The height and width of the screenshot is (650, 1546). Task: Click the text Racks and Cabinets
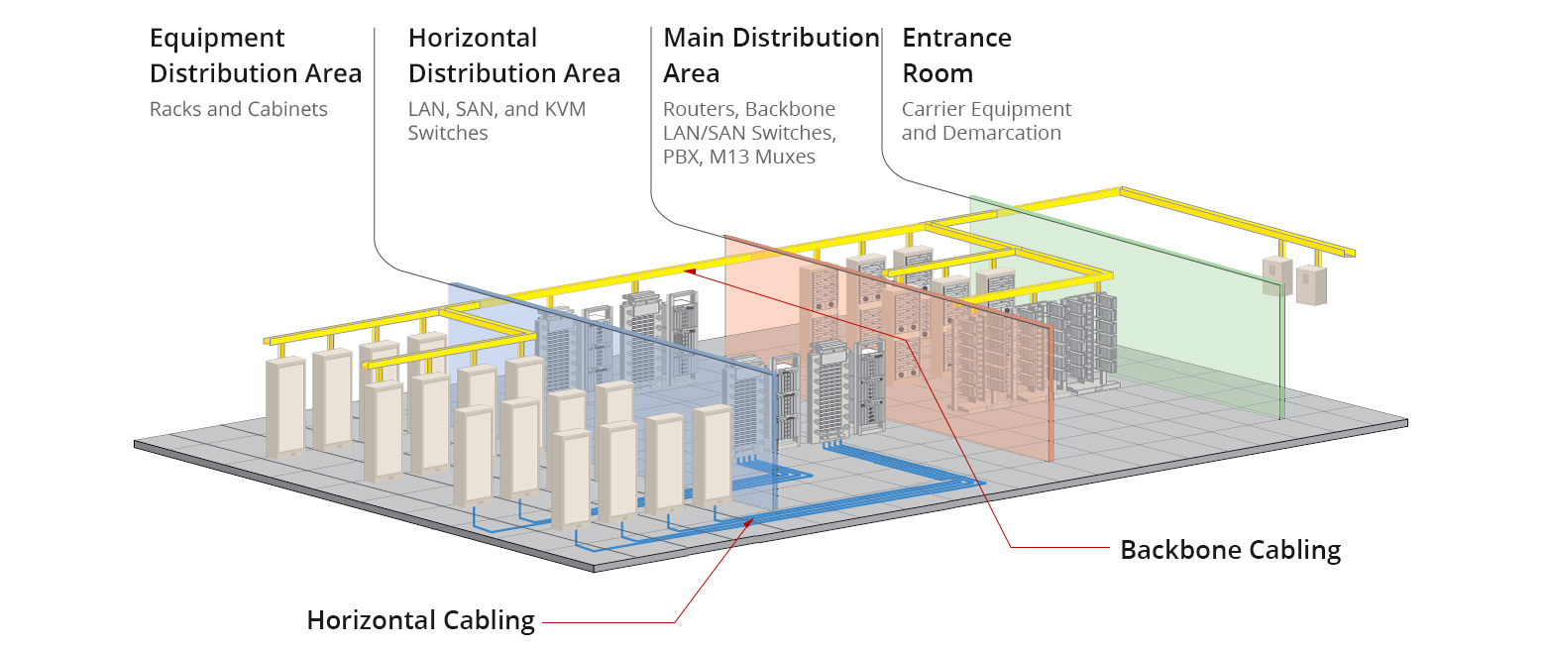click(238, 109)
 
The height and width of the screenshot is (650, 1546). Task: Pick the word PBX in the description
click(681, 157)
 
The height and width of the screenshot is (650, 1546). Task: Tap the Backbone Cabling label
click(1230, 550)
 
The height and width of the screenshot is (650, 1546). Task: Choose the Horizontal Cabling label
click(420, 621)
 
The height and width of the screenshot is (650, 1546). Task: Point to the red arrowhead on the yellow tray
click(690, 269)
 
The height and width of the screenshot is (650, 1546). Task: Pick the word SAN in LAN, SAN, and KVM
click(476, 109)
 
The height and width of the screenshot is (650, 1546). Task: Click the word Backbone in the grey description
click(791, 109)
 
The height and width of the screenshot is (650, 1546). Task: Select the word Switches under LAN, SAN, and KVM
click(448, 133)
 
